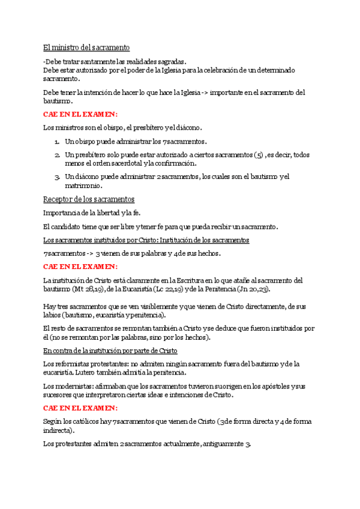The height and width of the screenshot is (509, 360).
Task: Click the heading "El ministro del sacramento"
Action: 86,47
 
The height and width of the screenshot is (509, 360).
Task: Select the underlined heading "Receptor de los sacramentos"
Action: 89,199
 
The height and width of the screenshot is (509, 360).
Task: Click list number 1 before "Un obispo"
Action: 56,142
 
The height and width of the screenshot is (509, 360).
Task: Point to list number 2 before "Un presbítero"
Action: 56,155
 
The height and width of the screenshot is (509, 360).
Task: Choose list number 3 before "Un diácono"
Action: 56,176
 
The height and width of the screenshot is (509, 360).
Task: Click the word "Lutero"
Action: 83,372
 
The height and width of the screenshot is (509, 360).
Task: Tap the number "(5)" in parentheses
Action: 259,155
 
